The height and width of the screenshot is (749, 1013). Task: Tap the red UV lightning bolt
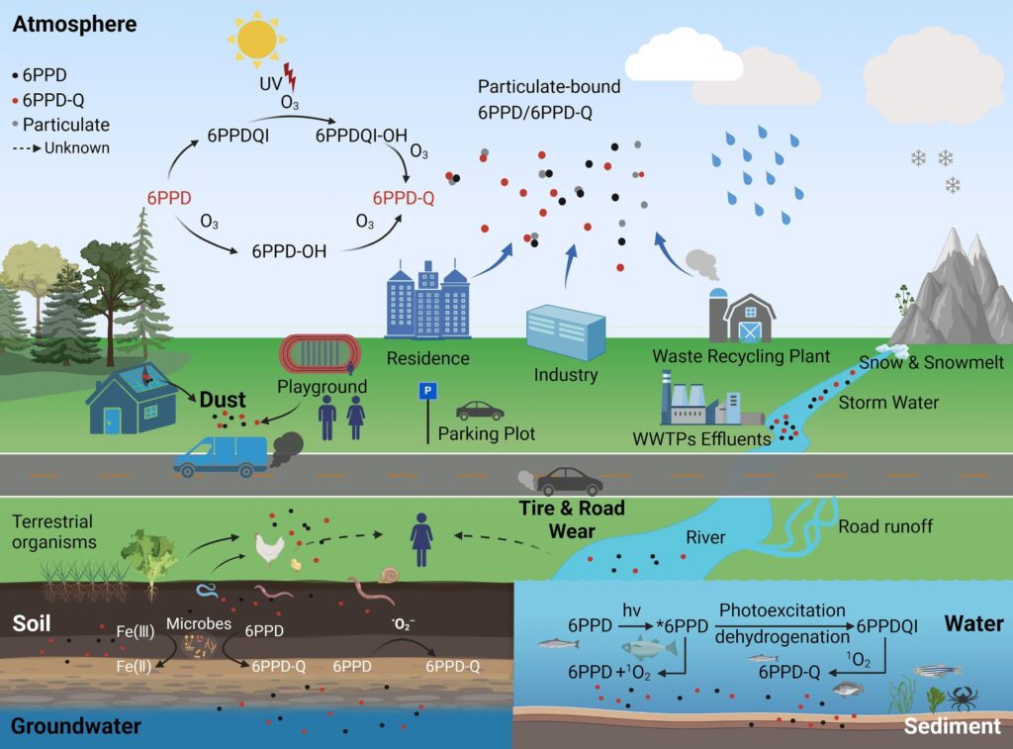(x=289, y=75)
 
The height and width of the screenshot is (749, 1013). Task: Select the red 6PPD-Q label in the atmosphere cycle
(x=403, y=198)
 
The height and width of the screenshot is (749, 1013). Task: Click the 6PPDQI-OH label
(x=363, y=133)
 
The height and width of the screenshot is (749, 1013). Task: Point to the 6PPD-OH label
(x=289, y=251)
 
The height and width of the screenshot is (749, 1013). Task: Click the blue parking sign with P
(x=428, y=392)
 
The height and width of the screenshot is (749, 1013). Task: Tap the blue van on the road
(x=220, y=455)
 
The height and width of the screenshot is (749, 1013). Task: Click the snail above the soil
(x=389, y=574)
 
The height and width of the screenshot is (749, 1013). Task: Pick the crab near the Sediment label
(x=961, y=699)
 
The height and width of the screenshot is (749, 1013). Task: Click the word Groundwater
(x=76, y=727)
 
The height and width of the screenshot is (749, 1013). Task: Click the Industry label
(x=566, y=375)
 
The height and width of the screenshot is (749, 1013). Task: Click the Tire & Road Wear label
(x=573, y=519)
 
